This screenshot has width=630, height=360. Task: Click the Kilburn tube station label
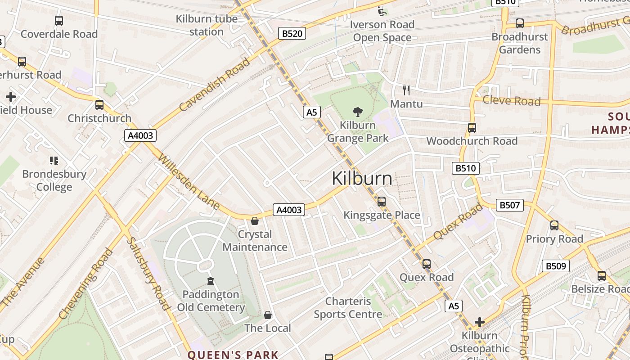[207, 25]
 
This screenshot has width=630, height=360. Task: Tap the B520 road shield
[292, 33]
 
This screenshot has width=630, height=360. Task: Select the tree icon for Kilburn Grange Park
[358, 112]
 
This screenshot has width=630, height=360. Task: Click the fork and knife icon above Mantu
[406, 90]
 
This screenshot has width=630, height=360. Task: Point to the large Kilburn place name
[362, 179]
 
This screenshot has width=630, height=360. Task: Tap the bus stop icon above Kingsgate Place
[382, 202]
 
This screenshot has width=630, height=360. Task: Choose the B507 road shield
[509, 205]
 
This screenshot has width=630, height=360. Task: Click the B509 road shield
[555, 266]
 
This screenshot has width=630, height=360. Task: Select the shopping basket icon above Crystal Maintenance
[255, 221]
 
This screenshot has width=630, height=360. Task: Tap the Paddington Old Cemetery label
[211, 301]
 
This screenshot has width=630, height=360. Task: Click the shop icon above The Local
[268, 315]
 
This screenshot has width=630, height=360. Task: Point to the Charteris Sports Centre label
[348, 308]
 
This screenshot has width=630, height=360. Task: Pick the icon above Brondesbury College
[54, 161]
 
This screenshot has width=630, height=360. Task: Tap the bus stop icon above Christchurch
[99, 105]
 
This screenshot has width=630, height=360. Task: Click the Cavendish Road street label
[214, 85]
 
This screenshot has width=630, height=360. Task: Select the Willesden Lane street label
[189, 182]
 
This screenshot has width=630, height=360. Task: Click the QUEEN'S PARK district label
[233, 355]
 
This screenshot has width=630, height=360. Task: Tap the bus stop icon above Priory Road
[554, 225]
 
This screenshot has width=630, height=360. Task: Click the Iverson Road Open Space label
[382, 31]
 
